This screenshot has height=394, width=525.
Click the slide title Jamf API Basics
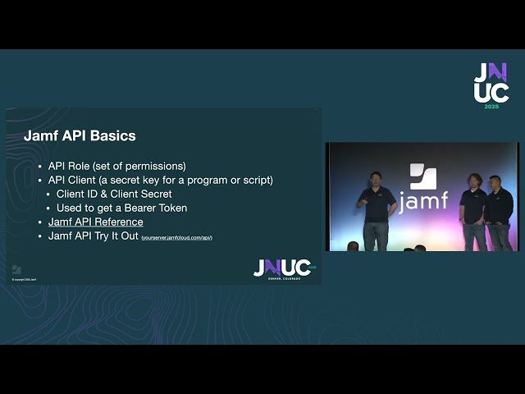(x=80, y=135)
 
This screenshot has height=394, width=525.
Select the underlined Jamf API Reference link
(x=95, y=222)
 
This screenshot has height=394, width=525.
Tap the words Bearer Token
(x=159, y=208)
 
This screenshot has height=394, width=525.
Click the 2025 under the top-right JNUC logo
(x=491, y=107)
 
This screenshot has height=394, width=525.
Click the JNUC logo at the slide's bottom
(x=281, y=268)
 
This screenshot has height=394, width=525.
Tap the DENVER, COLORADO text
(x=284, y=278)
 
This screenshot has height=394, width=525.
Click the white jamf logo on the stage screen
(x=421, y=190)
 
